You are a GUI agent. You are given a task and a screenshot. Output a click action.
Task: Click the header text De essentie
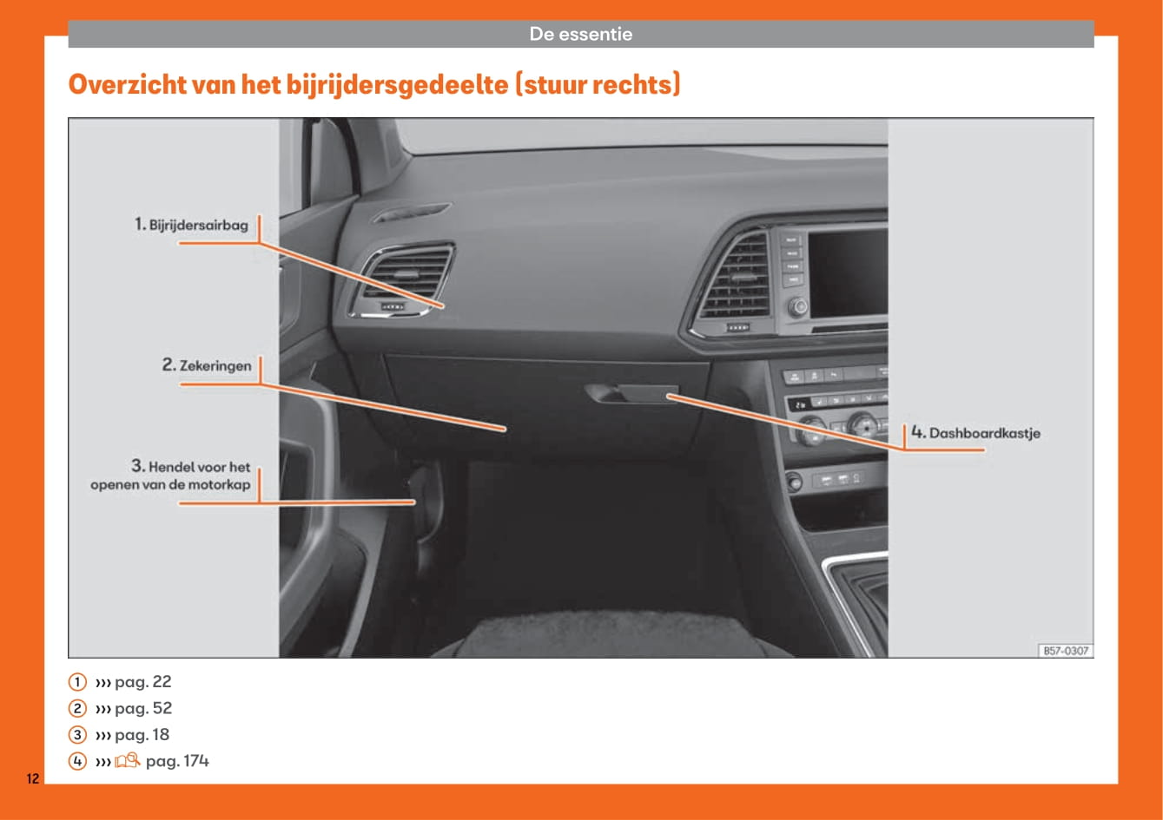point(580,34)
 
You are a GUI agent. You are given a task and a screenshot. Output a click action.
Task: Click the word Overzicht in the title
point(127,84)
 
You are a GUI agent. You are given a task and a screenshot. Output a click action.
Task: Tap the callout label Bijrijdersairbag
point(198,226)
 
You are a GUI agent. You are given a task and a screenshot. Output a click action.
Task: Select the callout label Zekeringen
point(215,365)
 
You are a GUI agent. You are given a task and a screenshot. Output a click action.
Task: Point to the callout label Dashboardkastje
point(984,433)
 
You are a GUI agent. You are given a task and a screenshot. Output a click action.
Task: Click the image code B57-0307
point(1066,651)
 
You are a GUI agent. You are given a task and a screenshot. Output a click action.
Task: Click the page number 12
point(33,778)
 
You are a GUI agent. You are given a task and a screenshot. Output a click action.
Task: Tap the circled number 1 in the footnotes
point(77,681)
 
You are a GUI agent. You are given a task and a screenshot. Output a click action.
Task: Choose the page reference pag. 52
point(143,708)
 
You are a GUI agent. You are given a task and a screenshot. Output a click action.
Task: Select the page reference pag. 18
point(142,735)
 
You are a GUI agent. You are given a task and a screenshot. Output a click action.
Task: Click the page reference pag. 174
point(177,761)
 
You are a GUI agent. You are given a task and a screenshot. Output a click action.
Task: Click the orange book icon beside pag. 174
point(127,761)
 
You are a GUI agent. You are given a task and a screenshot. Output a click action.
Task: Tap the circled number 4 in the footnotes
point(77,761)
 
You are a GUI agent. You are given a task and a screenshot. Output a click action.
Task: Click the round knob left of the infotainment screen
point(797,307)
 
